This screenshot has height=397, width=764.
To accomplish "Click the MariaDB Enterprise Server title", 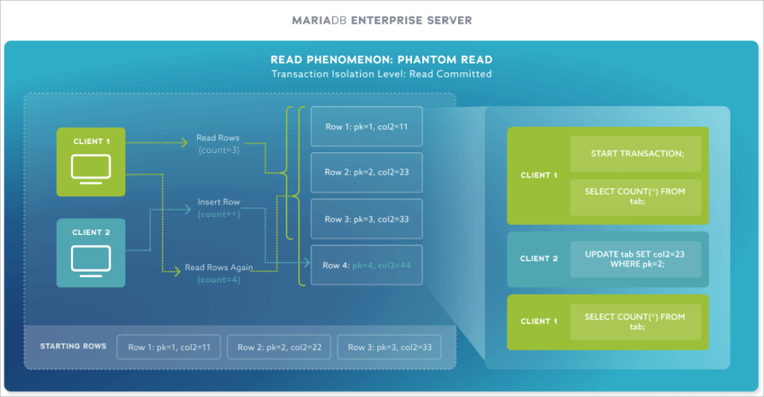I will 381,20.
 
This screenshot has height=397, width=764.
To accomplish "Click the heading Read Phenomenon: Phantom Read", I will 381,60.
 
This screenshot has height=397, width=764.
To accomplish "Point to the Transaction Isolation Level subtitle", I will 381,74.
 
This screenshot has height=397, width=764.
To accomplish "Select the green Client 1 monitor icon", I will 90,167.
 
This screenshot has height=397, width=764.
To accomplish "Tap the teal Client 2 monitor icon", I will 90,258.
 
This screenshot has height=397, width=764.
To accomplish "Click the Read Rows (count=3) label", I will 217,144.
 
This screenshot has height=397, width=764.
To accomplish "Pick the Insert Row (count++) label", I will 219,207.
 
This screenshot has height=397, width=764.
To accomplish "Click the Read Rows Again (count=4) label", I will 219,273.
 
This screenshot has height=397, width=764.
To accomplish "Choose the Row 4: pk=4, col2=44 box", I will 366,265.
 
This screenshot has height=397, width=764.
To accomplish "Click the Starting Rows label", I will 73,346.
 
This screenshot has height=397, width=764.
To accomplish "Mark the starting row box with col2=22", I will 278,347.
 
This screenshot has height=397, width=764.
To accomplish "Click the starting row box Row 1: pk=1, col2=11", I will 169,347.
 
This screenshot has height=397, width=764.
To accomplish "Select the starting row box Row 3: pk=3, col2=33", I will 388,347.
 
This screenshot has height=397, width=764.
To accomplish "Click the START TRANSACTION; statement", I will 635,154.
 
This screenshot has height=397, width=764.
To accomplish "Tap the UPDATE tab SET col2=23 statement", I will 635,259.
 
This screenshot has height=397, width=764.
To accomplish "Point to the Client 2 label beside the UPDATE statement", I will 539,259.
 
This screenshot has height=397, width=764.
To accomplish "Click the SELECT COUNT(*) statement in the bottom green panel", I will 635,322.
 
